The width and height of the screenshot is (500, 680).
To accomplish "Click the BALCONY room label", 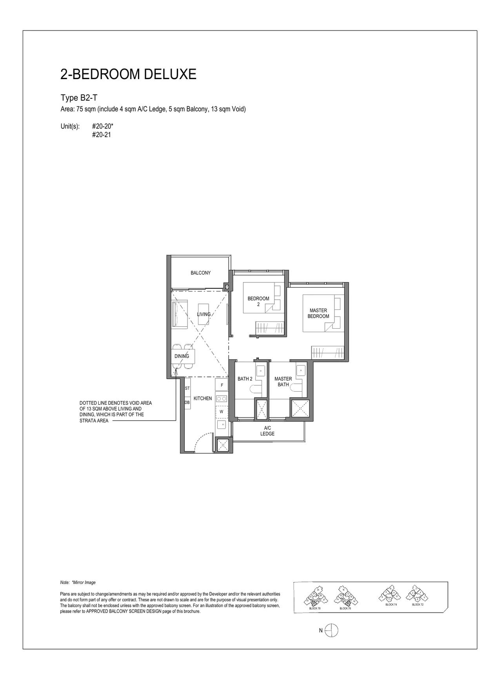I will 200,273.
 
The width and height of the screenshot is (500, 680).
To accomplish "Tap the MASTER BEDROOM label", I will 318,313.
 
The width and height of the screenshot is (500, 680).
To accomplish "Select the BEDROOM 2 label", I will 258,301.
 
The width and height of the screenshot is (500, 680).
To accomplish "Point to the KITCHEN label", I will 203,398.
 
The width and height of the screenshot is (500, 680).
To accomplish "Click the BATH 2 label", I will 245,379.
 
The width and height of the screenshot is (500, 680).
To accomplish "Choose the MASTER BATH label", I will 283,382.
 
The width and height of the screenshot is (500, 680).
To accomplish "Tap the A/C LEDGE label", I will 267,431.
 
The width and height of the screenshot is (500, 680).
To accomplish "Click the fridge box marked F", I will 222,385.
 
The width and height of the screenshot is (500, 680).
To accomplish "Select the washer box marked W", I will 221,412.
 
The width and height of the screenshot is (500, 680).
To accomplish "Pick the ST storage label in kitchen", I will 187,388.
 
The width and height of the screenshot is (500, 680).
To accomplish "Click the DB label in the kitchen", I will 187,402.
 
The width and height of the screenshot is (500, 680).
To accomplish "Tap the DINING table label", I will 182,356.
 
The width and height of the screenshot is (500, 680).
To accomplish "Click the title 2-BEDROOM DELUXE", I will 128,74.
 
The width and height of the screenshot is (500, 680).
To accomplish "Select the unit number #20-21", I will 101,135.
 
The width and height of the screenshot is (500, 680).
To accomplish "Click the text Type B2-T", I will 79,98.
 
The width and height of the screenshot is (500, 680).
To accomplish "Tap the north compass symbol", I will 332,630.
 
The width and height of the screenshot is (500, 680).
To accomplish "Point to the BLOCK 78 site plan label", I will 315,608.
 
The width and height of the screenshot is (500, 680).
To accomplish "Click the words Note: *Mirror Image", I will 78,582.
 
